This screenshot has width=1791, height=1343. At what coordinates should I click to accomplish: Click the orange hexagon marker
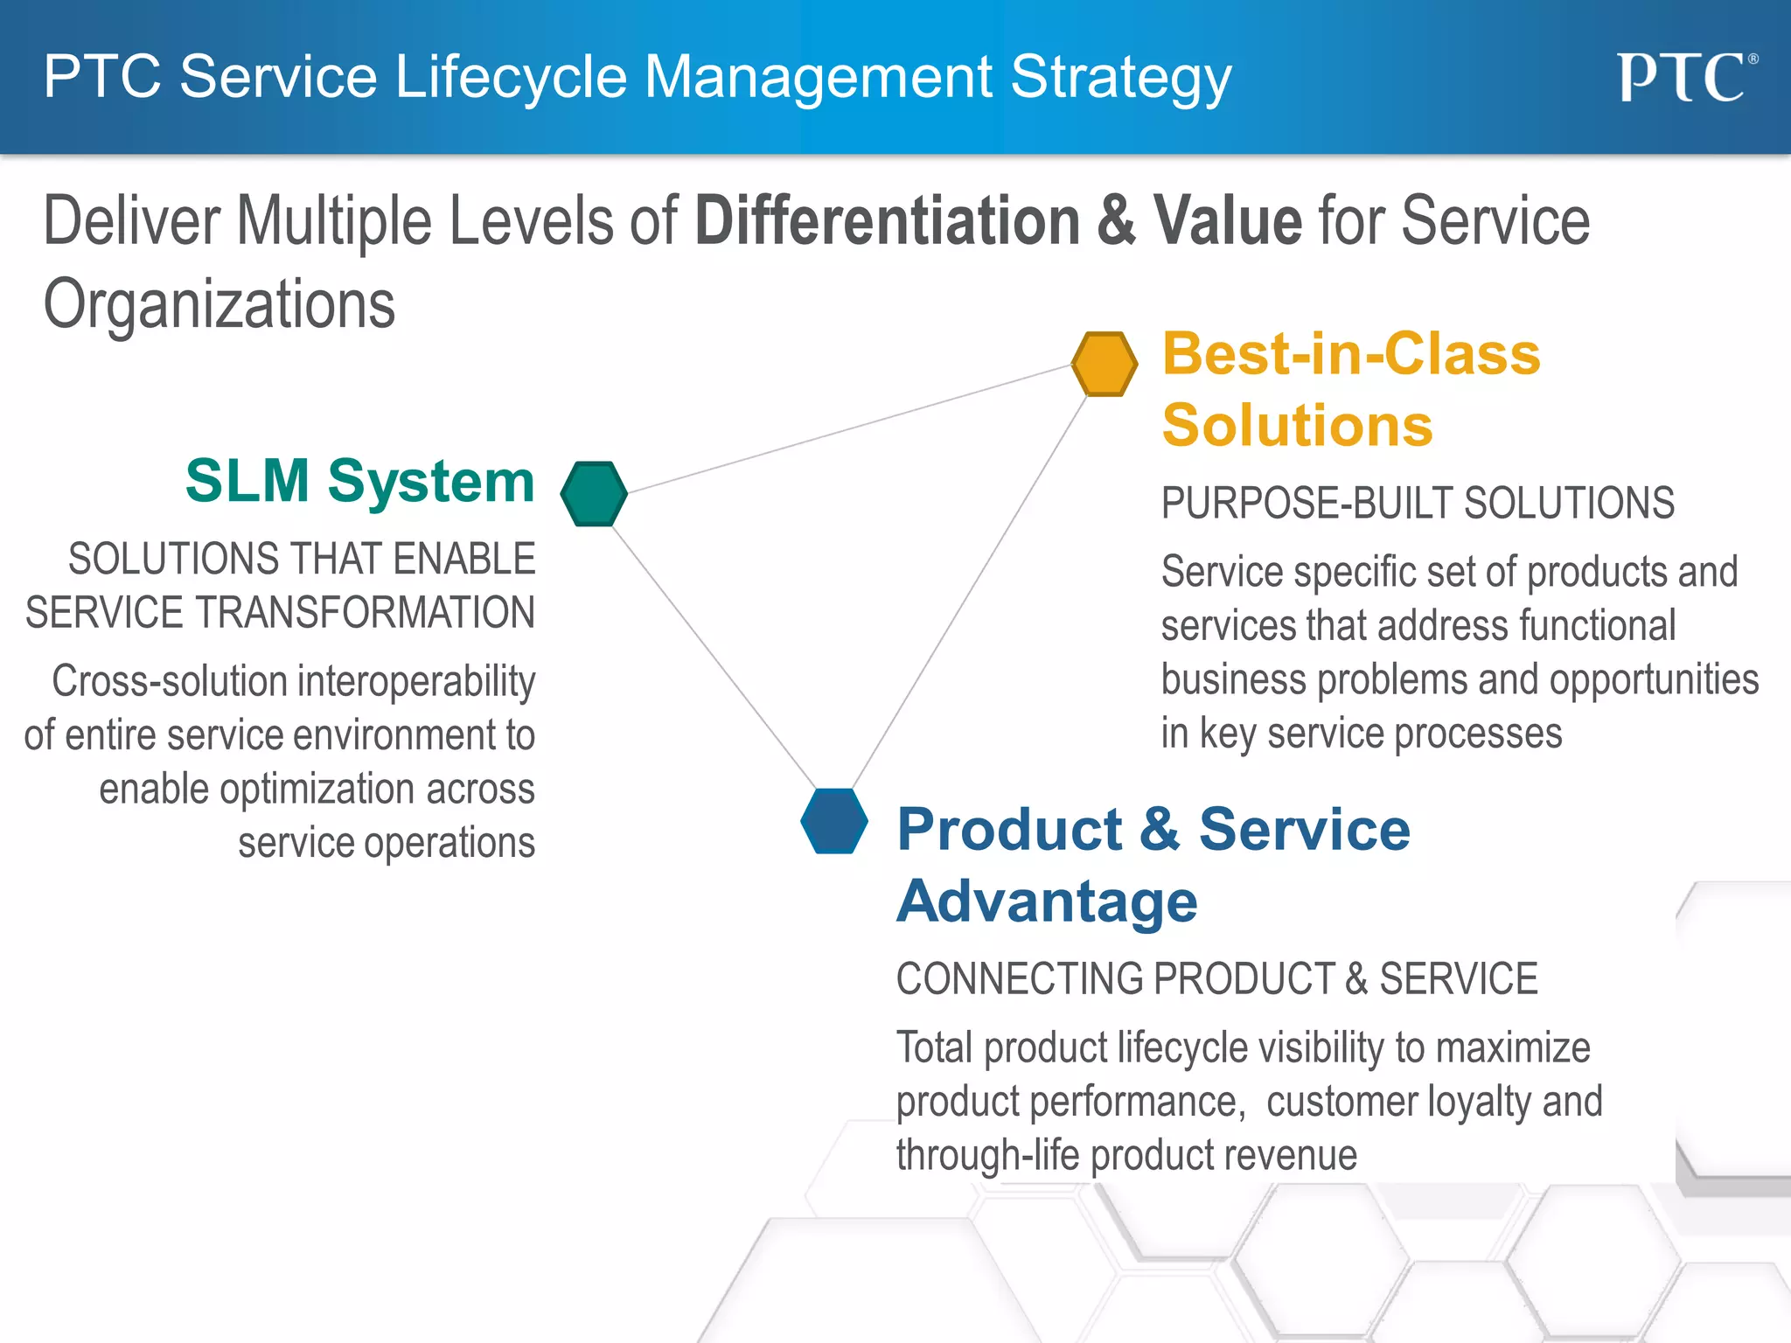(x=1105, y=364)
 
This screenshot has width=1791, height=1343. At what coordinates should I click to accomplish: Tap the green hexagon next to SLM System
(x=594, y=494)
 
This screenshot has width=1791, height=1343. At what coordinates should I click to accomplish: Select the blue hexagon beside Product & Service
(x=834, y=821)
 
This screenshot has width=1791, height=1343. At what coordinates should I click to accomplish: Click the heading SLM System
(x=359, y=481)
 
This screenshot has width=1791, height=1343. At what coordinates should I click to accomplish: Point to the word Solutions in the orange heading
(x=1297, y=426)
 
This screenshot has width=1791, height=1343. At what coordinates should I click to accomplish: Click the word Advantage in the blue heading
(x=1047, y=901)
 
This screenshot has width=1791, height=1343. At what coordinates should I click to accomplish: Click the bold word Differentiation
(x=887, y=220)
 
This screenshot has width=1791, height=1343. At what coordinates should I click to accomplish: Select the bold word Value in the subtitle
(x=1228, y=220)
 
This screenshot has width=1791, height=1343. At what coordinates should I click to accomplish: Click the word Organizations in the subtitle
(x=220, y=304)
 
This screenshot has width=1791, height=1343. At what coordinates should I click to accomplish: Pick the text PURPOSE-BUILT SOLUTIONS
(x=1417, y=504)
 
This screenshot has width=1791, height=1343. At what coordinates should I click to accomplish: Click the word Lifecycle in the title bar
(x=511, y=77)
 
